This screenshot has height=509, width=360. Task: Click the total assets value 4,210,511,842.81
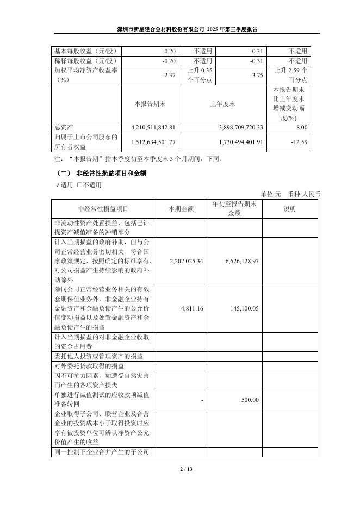click(x=153, y=127)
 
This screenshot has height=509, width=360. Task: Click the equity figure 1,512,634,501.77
click(x=153, y=142)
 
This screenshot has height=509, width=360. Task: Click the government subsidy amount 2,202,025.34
click(x=187, y=261)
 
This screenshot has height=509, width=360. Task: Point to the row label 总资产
click(x=63, y=127)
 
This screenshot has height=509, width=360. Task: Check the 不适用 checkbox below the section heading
click(x=79, y=185)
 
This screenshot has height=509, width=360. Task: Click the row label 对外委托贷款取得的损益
click(x=89, y=365)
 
